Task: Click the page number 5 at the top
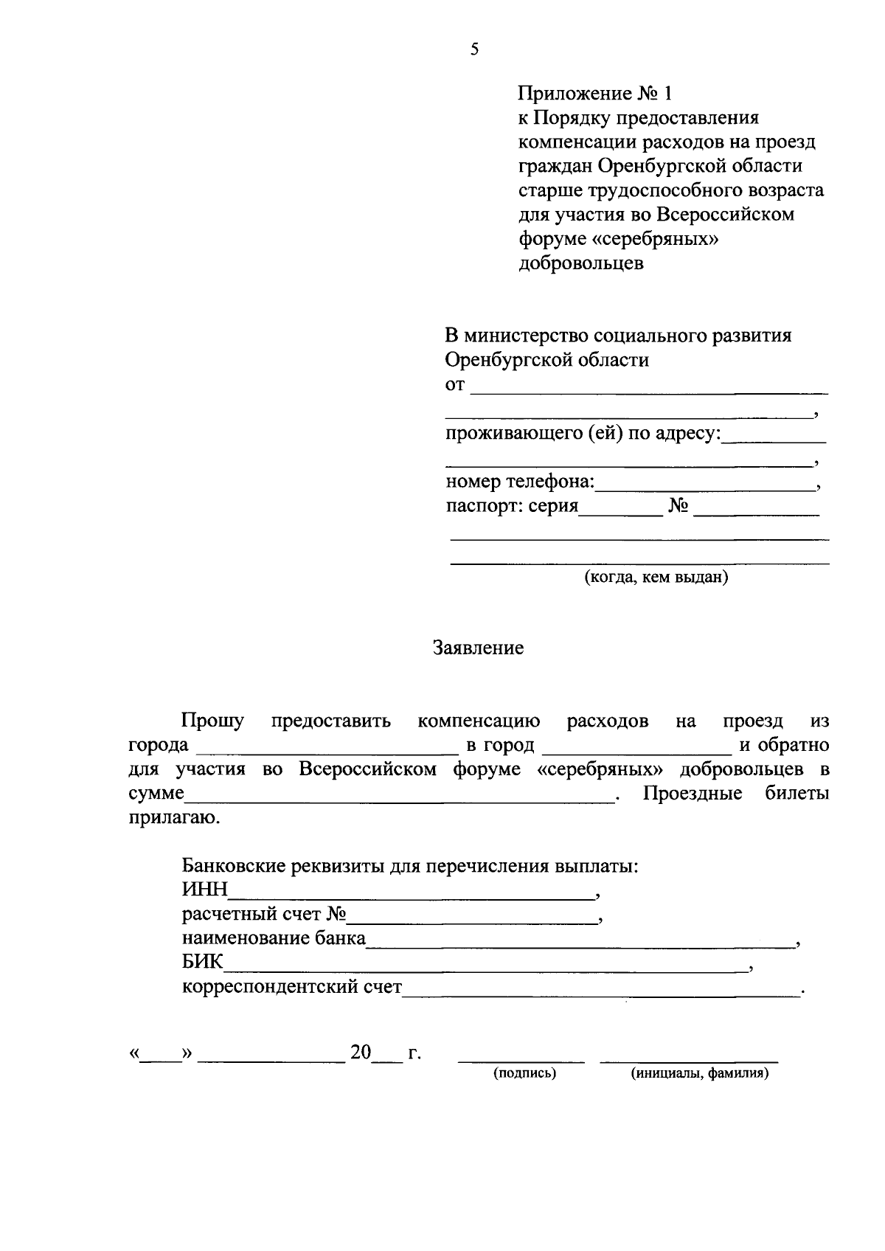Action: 474,50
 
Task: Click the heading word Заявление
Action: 478,648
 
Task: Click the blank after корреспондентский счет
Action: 600,992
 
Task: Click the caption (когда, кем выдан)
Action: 656,578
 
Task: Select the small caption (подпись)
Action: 524,1074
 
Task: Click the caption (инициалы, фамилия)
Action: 698,1074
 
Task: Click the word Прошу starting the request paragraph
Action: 213,721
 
